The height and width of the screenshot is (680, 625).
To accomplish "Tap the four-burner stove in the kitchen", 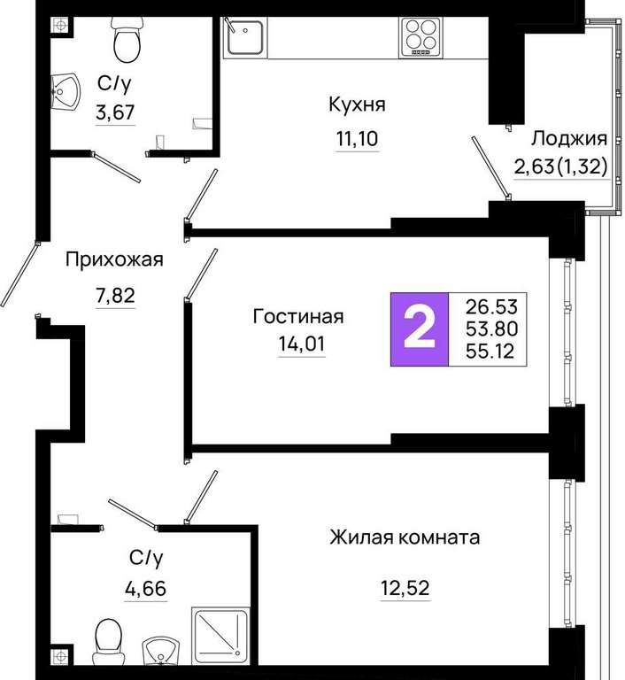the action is [x=421, y=37].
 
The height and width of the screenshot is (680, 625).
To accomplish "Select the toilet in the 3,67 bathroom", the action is [x=127, y=41].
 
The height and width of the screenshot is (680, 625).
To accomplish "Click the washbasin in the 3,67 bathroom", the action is [x=65, y=92].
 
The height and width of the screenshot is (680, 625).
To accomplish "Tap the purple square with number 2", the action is [x=420, y=329].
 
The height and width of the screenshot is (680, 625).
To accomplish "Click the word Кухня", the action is [x=357, y=105].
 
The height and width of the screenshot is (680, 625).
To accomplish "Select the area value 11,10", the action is [x=358, y=139].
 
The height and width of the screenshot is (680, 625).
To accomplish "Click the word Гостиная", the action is [x=298, y=316].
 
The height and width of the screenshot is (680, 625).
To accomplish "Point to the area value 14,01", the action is [x=302, y=344].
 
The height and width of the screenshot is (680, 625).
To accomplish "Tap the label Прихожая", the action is [x=114, y=259].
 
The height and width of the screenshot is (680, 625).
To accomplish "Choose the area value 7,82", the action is [x=115, y=296].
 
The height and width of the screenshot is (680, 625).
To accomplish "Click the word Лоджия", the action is [x=569, y=139].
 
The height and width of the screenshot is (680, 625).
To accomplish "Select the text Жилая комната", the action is [x=405, y=537].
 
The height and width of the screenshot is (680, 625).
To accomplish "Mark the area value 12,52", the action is [x=405, y=588].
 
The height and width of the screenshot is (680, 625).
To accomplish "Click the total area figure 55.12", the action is [x=492, y=351].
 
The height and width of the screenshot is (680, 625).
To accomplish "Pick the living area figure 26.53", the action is [x=492, y=306].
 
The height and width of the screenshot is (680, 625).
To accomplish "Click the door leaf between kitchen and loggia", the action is [x=491, y=168].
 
